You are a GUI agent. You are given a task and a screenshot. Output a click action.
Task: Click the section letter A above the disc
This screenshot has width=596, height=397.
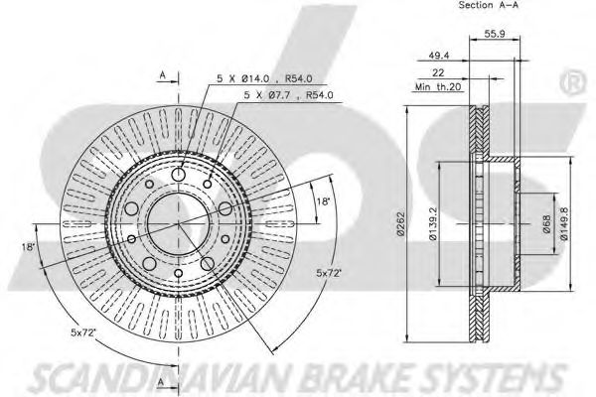click(162, 72)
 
